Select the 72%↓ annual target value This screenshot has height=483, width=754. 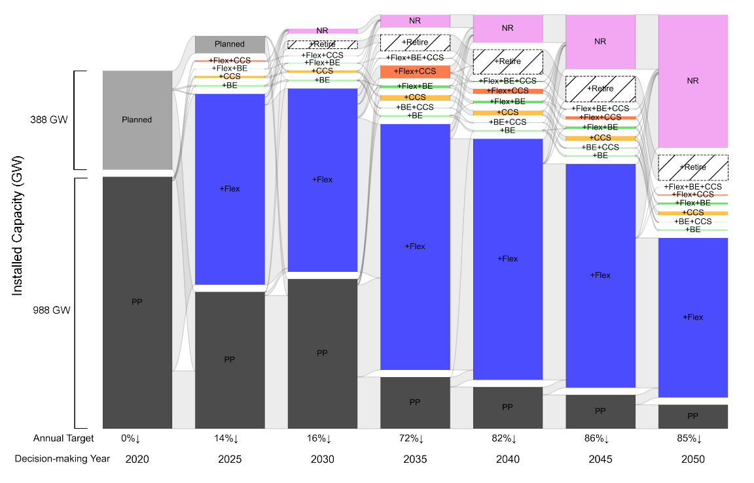click(415, 439)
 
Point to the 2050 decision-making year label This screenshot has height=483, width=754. click(693, 459)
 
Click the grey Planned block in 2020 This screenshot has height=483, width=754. click(137, 120)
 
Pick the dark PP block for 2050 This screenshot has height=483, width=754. click(693, 416)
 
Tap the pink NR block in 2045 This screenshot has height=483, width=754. click(600, 41)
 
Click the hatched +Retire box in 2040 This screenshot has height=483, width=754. click(508, 61)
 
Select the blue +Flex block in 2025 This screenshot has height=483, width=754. click(230, 189)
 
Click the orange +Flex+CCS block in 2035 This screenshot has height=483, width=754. click(415, 71)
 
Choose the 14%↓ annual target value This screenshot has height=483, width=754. click(230, 439)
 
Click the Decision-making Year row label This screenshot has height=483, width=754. click(63, 459)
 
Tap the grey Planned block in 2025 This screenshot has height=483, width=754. click(230, 44)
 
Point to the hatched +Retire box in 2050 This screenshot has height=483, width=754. click(693, 167)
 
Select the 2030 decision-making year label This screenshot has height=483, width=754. click(322, 459)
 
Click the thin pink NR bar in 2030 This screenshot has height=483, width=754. click(322, 31)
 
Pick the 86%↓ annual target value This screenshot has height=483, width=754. click(600, 439)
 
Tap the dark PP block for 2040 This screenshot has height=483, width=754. click(508, 407)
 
